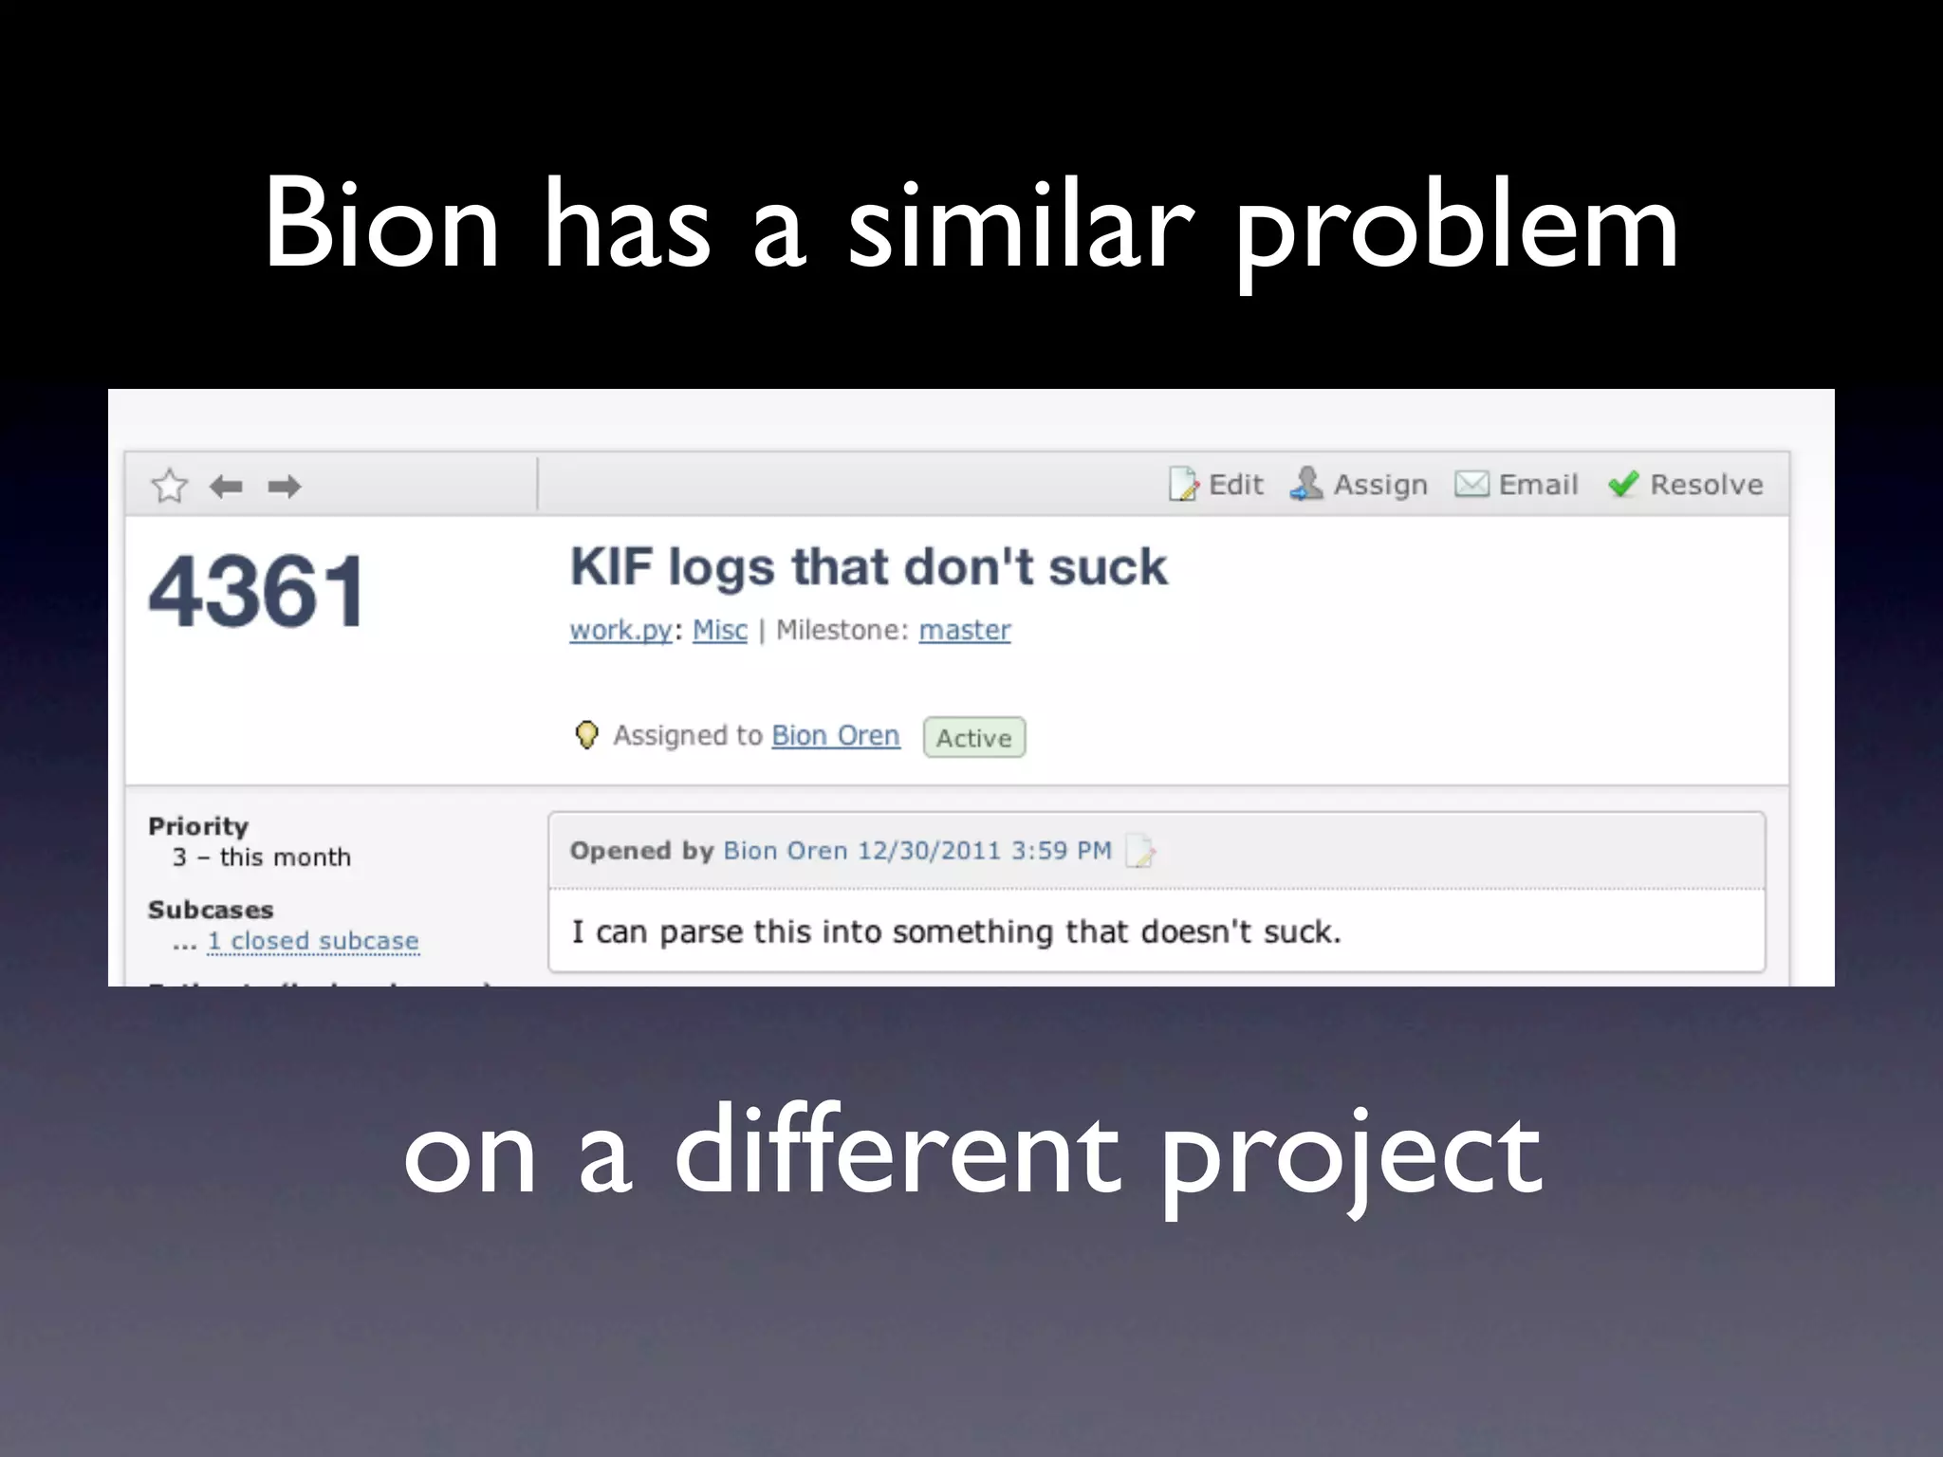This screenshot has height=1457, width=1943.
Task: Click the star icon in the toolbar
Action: tap(169, 486)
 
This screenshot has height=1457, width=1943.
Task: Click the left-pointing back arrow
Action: tap(226, 487)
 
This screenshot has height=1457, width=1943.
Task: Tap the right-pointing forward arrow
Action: tap(284, 487)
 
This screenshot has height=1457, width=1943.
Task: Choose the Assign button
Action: tap(1359, 485)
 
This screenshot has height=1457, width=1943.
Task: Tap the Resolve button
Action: tap(1686, 485)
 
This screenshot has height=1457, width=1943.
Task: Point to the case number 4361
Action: tap(256, 592)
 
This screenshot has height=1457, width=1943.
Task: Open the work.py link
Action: tap(620, 630)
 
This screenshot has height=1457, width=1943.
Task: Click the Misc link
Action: tap(720, 630)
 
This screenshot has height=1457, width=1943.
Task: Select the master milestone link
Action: tap(965, 630)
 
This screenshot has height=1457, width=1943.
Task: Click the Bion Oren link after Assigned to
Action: tap(835, 735)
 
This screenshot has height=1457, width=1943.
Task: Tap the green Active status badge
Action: tap(974, 738)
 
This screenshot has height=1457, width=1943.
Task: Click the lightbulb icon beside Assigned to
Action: tap(587, 734)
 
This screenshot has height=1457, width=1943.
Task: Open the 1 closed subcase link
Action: tap(312, 941)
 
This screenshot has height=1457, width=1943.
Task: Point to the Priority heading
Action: tap(198, 826)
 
